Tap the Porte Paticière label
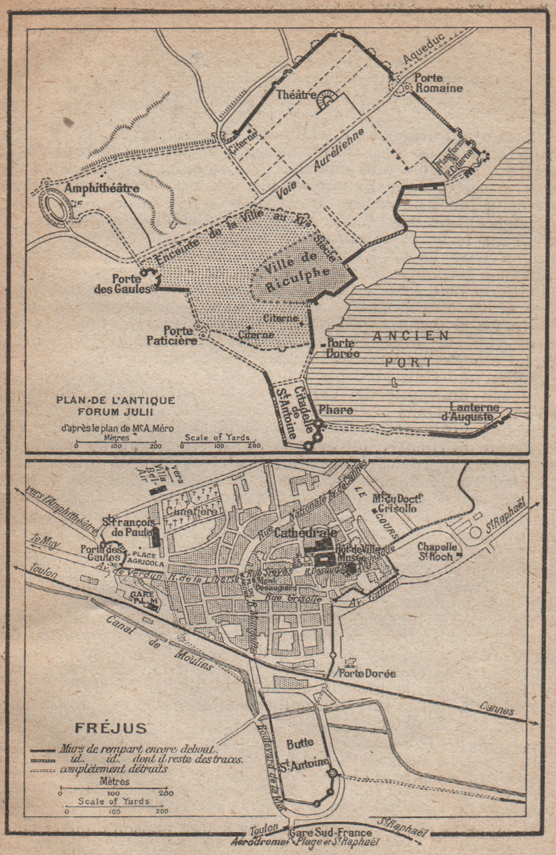tap(173, 335)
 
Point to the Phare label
tap(336, 410)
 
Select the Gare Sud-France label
tap(330, 833)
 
